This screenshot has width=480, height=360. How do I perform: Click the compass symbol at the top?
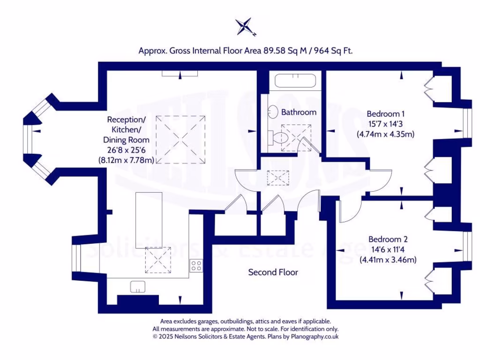[x=245, y=27]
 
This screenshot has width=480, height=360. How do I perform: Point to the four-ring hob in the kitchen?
[x=196, y=266]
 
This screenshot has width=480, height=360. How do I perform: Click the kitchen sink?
[x=138, y=286]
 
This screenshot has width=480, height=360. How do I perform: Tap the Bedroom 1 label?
[x=385, y=113]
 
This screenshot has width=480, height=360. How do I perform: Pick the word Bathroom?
[x=299, y=112]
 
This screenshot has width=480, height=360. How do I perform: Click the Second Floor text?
[x=273, y=272]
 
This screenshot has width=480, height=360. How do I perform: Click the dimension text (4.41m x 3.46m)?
[x=388, y=260]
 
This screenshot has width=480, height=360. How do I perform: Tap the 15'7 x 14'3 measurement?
[x=385, y=124]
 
